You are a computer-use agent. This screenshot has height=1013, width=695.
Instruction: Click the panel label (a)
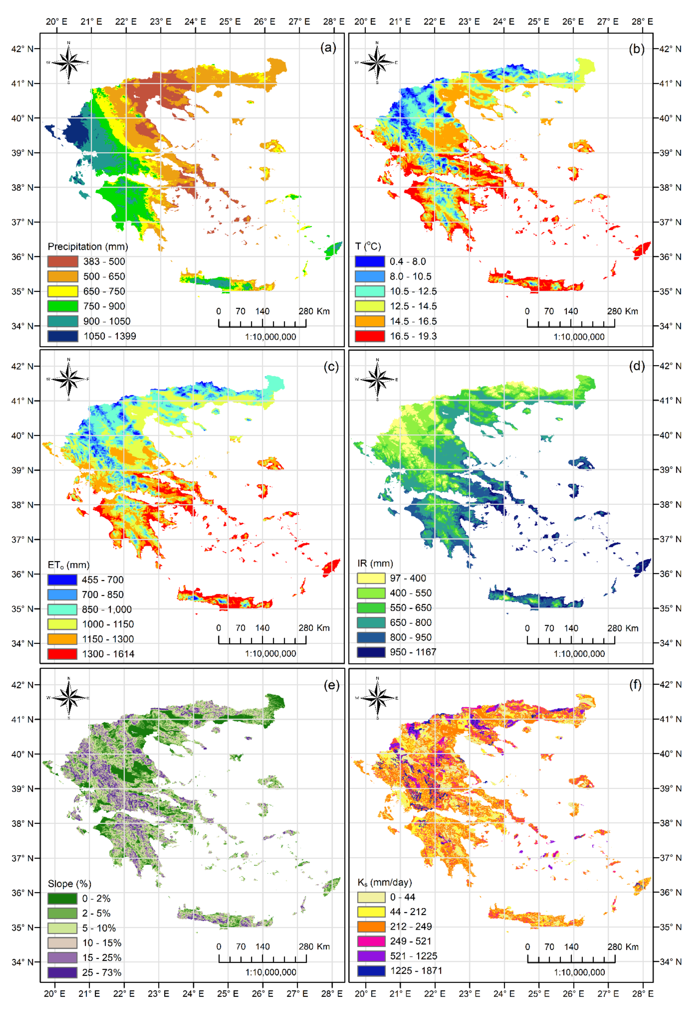coord(328,48)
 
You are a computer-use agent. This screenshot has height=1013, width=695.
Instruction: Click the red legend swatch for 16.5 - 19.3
coord(370,336)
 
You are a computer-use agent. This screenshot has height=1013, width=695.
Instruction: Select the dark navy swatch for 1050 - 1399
coord(63,336)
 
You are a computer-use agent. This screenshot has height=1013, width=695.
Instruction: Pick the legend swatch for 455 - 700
coord(62,580)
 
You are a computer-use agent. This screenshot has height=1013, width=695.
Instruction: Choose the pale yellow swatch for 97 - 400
coord(371,578)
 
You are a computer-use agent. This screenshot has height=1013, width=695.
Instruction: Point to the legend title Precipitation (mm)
coord(88,247)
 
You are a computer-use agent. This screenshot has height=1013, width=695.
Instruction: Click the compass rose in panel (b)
coord(377,62)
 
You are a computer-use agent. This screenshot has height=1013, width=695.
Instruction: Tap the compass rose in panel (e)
coord(68,698)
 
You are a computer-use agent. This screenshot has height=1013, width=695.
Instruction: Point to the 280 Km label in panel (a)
coord(314,311)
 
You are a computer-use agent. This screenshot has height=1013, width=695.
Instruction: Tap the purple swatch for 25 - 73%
coord(62,972)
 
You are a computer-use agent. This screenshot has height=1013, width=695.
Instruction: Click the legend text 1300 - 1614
coord(108,654)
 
